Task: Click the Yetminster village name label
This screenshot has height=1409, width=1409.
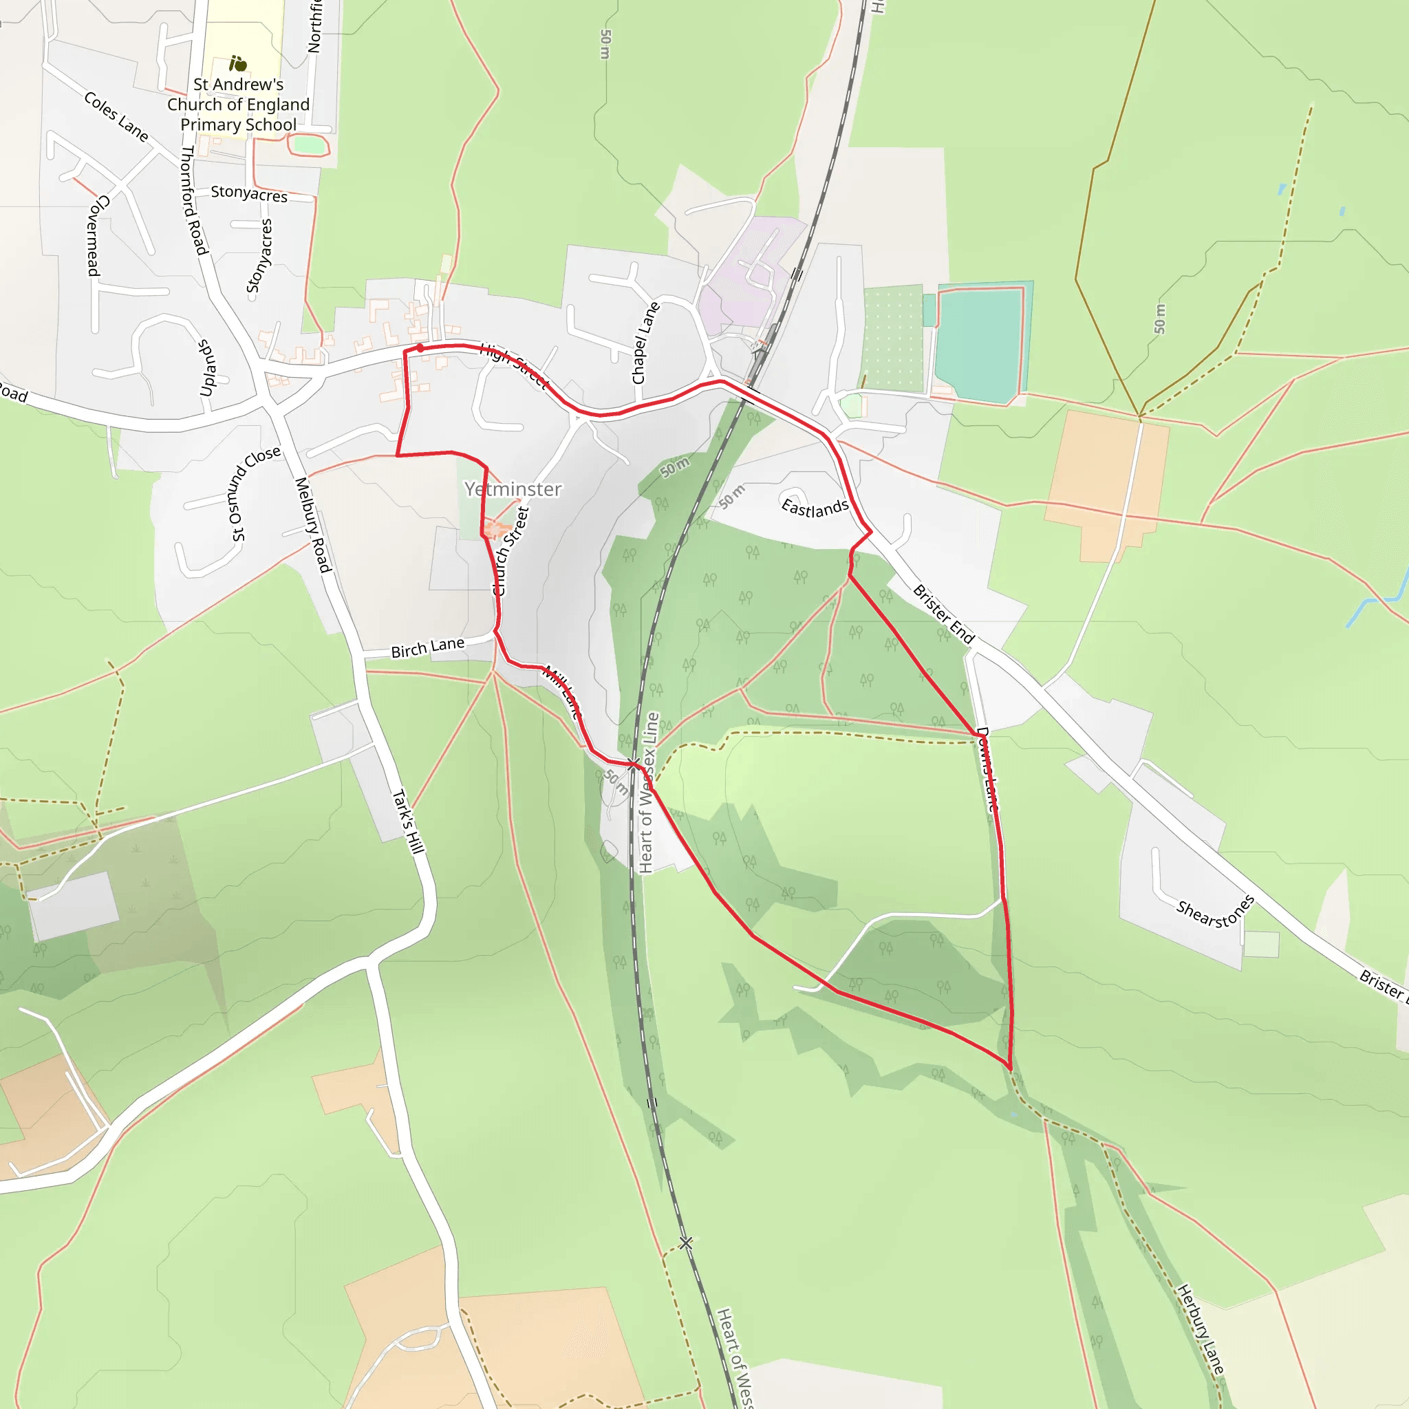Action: point(513,488)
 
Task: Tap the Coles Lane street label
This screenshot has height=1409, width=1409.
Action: point(116,117)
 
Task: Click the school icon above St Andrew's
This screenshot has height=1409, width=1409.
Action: point(238,63)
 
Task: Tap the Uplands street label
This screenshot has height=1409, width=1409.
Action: point(207,367)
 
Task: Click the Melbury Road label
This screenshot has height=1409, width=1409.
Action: point(313,524)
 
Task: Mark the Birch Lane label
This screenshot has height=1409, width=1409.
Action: point(427,647)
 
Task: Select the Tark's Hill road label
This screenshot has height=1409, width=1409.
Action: point(409,821)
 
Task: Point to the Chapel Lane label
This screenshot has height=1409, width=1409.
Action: point(645,343)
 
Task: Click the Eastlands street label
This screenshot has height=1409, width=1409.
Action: point(815,508)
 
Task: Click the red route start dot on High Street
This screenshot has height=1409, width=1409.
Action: point(420,348)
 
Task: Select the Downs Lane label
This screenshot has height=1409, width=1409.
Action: point(987,768)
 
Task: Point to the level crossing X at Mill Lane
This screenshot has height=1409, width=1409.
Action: point(633,764)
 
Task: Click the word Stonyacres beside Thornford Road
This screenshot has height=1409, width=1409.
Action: point(248,193)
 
